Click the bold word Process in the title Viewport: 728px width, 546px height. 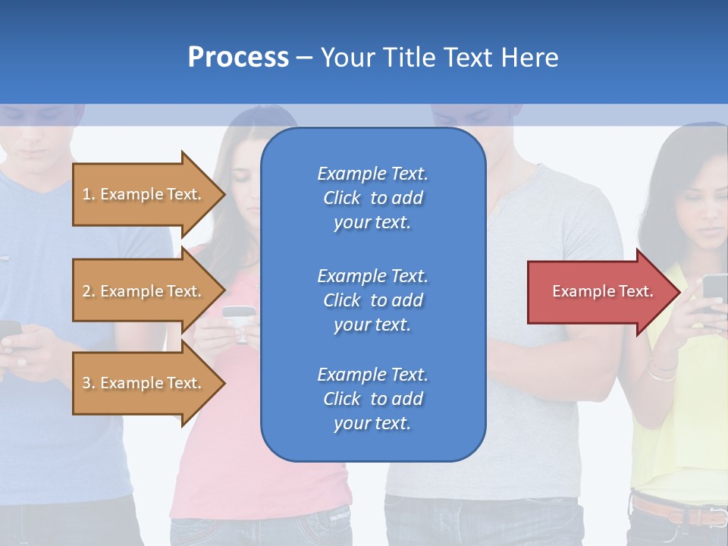pyautogui.click(x=238, y=58)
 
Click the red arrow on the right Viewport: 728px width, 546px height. pyautogui.click(x=599, y=292)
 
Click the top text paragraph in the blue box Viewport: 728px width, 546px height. pyautogui.click(x=373, y=198)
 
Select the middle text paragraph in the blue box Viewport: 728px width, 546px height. pyautogui.click(x=373, y=300)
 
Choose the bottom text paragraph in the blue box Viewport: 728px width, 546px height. pyautogui.click(x=373, y=399)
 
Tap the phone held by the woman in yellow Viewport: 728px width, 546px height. pyautogui.click(x=714, y=291)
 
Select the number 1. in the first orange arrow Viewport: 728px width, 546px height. pyautogui.click(x=89, y=194)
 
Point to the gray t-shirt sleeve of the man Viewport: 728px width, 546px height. pyautogui.click(x=599, y=220)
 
